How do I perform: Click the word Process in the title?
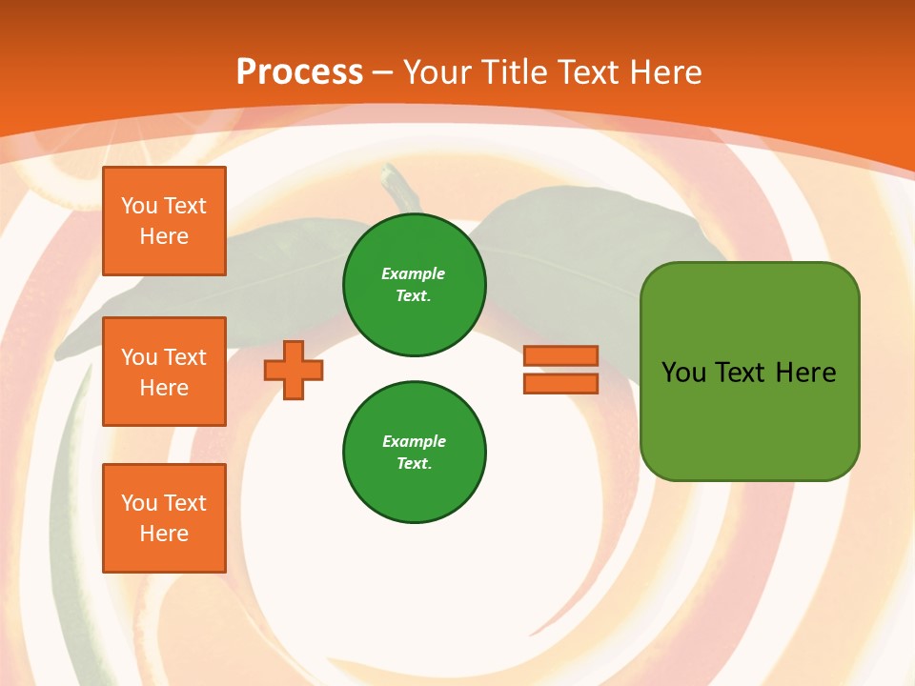[x=299, y=71]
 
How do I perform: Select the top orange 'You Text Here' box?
[x=164, y=221]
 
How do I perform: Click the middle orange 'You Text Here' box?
[x=164, y=372]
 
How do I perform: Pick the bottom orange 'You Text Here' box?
[x=164, y=518]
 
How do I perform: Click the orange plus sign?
[x=294, y=370]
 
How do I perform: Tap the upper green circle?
[x=415, y=285]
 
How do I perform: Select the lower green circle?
[x=415, y=453]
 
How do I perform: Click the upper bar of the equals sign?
[x=560, y=355]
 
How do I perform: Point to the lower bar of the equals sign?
[x=560, y=384]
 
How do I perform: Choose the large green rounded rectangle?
[x=749, y=372]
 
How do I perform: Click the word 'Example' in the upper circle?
[x=414, y=273]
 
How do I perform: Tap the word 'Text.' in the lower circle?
[x=414, y=463]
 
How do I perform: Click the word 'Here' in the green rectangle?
[x=805, y=373]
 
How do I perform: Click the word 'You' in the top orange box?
[x=139, y=206]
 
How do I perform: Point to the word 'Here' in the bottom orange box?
[x=164, y=534]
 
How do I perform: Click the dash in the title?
[x=382, y=72]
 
